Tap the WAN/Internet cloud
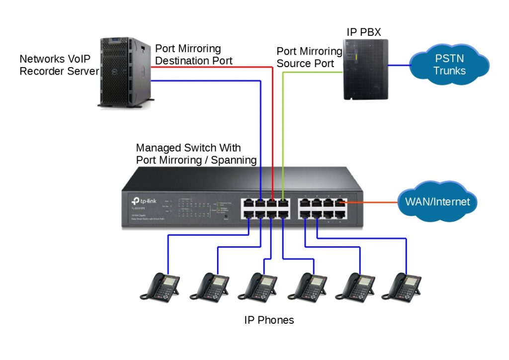pyautogui.click(x=437, y=202)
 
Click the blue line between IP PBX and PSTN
pyautogui.click(x=399, y=65)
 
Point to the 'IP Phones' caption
pyautogui.click(x=269, y=320)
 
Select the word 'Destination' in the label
pyautogui.click(x=179, y=61)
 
